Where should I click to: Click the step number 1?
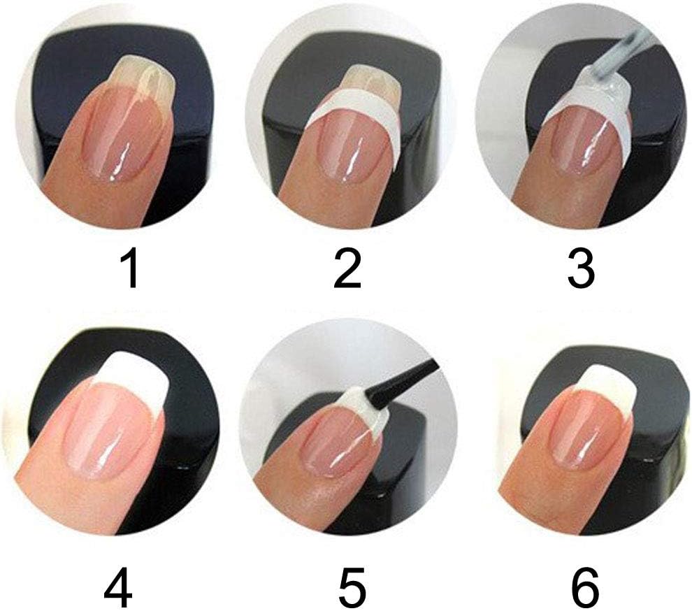130,271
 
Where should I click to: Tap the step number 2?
347,271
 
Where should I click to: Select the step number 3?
580,271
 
